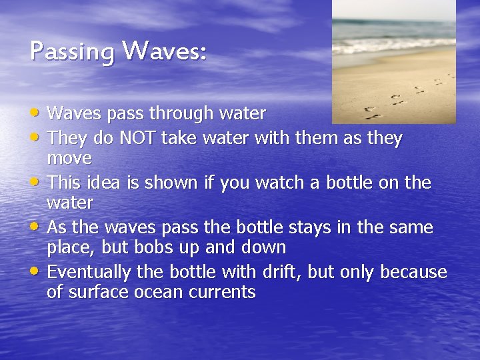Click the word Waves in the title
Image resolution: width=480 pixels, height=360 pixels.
click(x=165, y=50)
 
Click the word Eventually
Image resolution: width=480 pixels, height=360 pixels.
click(x=90, y=273)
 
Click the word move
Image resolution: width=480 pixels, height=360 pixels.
click(x=69, y=159)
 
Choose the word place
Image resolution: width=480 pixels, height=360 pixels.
click(x=71, y=249)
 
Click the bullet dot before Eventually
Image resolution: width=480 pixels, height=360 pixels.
click(x=37, y=272)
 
